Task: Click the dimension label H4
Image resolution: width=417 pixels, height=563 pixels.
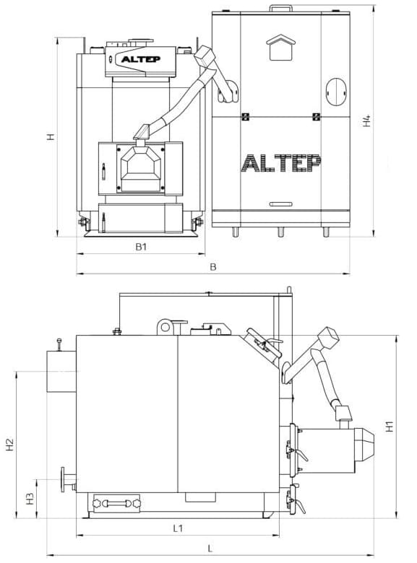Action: click(366, 121)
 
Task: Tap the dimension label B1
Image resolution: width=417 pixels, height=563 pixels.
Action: click(141, 247)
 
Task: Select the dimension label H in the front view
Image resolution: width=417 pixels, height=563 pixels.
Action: click(51, 136)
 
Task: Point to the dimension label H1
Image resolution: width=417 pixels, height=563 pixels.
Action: click(390, 426)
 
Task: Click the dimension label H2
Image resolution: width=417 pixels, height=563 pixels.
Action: click(9, 445)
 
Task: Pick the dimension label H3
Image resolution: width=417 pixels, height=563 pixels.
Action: click(30, 498)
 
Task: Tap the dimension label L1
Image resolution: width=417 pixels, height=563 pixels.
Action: click(178, 528)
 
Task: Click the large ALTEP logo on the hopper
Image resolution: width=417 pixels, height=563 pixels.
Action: click(281, 163)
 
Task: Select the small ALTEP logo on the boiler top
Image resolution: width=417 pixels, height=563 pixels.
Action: click(140, 59)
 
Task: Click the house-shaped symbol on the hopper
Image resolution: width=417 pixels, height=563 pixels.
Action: click(280, 48)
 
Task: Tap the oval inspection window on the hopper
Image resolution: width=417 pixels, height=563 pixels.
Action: click(336, 92)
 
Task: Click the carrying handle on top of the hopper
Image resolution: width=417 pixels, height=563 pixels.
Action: click(280, 7)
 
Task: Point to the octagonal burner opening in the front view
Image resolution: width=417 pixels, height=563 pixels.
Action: click(141, 167)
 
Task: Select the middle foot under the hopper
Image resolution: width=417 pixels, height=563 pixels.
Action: click(280, 232)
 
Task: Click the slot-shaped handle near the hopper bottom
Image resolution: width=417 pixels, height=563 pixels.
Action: click(280, 204)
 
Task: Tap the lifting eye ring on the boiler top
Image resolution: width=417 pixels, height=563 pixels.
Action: click(165, 327)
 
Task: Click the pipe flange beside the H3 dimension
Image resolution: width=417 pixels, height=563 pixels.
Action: click(64, 480)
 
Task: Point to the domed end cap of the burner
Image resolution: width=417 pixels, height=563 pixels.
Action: click(365, 444)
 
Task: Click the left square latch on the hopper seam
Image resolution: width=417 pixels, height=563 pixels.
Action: click(246, 117)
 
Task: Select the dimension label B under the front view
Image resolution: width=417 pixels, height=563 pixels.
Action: click(212, 267)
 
